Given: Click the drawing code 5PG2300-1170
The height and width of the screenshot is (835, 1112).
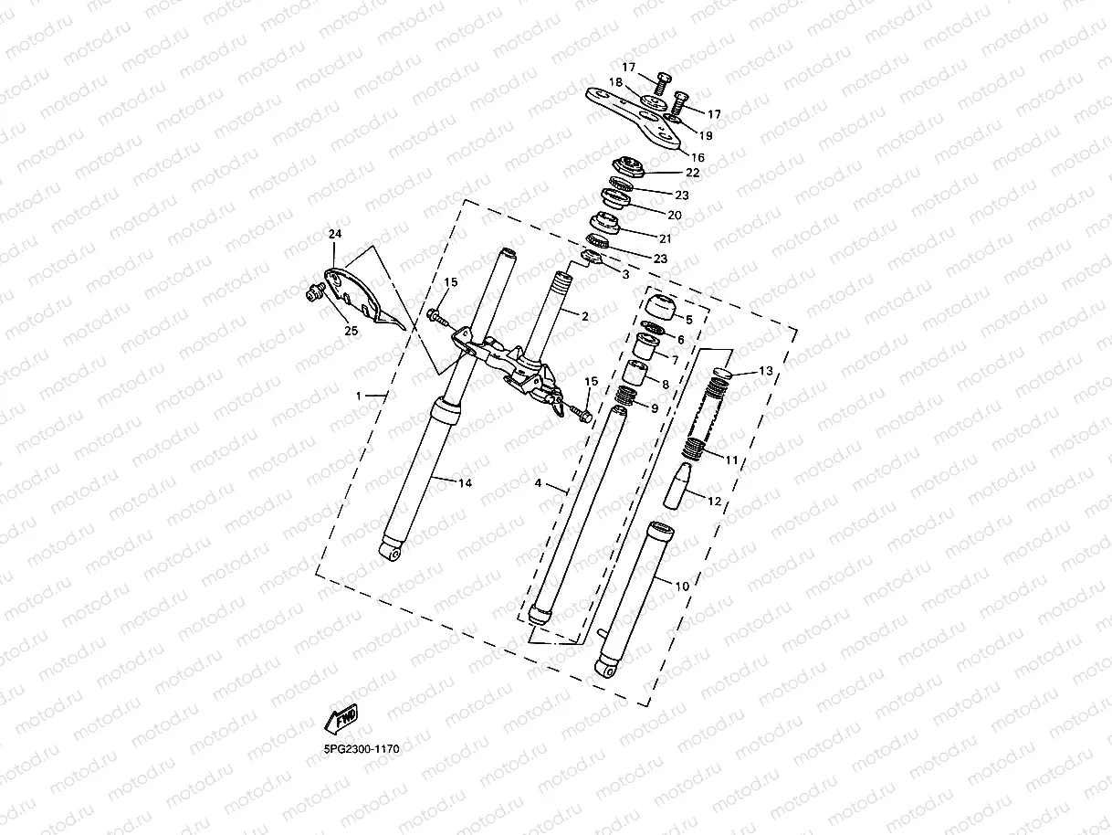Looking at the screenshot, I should point(362,748).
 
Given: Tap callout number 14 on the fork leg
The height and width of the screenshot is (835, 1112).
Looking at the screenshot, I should point(466,482).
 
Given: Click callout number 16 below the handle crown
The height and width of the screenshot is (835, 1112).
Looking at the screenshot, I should point(698,157).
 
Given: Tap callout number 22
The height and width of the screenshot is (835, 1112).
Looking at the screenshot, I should point(693,172).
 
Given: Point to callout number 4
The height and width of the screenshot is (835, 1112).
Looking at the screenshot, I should point(539,483).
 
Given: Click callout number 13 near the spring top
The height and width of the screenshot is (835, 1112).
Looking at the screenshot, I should point(765,371).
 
